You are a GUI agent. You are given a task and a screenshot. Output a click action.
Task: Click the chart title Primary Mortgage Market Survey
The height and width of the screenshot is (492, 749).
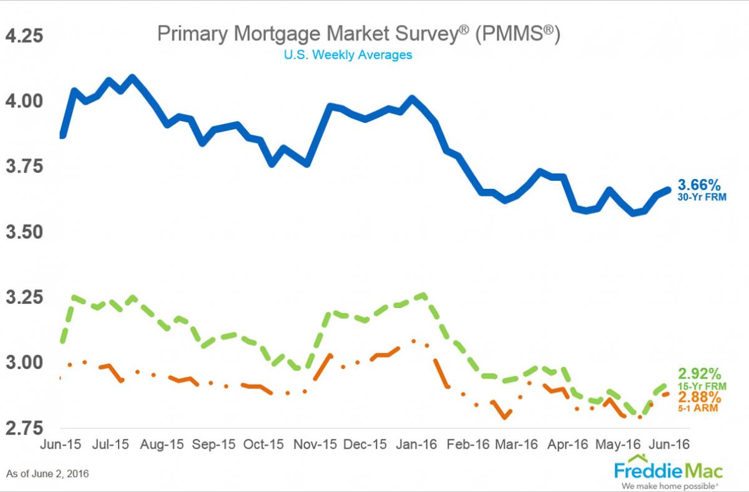[358, 34]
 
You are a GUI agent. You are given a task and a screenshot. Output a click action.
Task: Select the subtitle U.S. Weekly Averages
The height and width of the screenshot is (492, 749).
[348, 55]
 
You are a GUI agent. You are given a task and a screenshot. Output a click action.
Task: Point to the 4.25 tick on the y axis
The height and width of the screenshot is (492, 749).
[24, 36]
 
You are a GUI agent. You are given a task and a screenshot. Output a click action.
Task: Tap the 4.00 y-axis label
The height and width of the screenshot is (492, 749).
[24, 101]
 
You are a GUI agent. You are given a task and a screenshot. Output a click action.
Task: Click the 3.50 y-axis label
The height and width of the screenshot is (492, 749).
[24, 232]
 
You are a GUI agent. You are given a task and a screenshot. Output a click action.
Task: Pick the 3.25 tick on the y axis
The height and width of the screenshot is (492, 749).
[24, 297]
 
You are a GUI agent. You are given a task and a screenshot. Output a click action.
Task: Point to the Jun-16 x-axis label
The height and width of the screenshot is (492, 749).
[670, 445]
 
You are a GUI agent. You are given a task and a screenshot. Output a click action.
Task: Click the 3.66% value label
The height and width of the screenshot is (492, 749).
[699, 185]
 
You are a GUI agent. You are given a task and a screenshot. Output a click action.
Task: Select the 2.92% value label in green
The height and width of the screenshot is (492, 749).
[699, 374]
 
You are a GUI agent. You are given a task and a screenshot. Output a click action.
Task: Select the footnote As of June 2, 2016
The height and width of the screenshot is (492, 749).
[47, 474]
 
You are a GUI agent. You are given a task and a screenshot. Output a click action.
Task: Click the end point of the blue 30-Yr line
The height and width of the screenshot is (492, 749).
[668, 189]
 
